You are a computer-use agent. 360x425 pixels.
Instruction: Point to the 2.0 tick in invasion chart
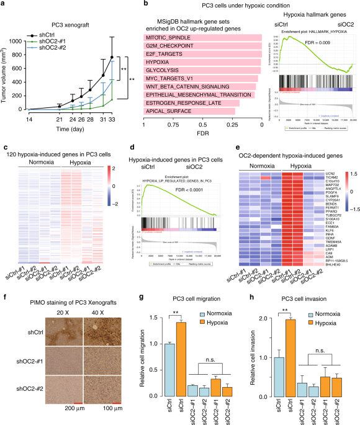pyautogui.click(x=266, y=318)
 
